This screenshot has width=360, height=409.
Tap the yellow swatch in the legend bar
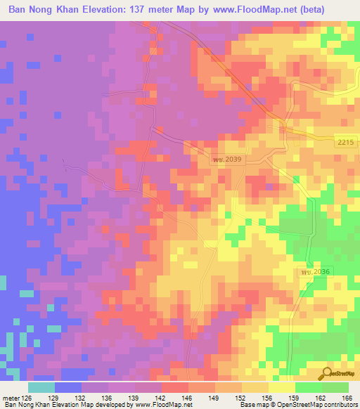pos(281,387)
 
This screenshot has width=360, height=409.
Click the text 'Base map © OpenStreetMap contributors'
pos(297,405)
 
